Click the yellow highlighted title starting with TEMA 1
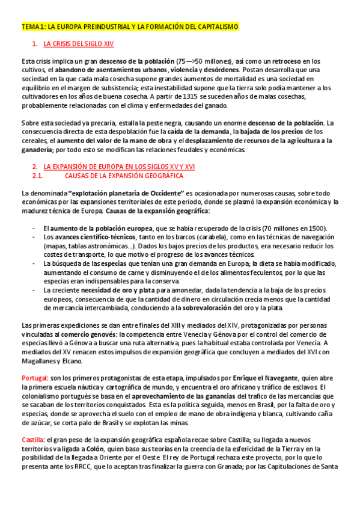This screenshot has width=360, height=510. (x=130, y=27)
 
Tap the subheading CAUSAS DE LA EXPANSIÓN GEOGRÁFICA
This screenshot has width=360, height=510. (x=123, y=176)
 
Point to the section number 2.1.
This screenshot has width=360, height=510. (x=37, y=176)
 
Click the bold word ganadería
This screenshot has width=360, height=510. (x=36, y=149)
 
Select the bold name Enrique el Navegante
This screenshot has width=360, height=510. (x=266, y=378)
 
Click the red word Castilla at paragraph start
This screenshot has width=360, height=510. (x=32, y=439)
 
